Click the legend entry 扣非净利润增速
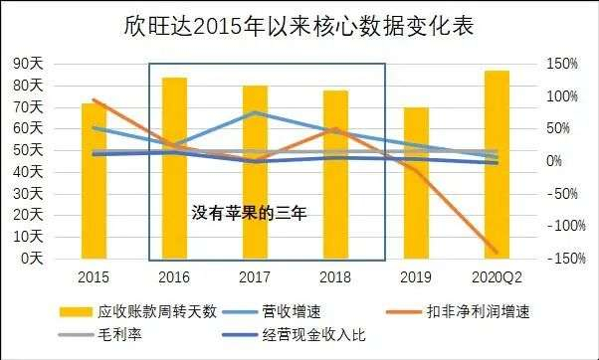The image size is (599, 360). (x=474, y=310)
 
